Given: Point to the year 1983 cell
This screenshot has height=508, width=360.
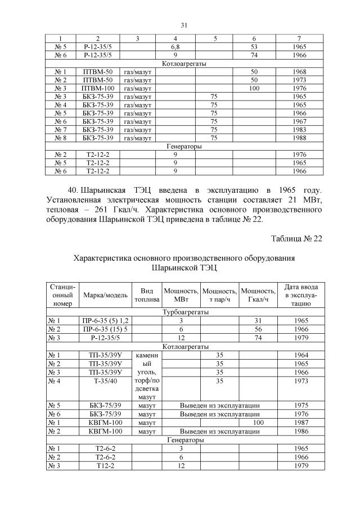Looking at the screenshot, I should pos(300,130).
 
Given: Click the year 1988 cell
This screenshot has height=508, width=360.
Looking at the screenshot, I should pos(300,138).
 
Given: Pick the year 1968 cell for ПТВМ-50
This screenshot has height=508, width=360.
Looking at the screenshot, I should pos(300,72).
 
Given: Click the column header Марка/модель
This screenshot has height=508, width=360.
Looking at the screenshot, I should pos(102,295).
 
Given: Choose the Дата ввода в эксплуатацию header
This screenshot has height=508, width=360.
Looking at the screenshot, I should pos(300,295).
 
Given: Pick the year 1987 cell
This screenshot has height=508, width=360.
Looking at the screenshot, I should pos(300,422).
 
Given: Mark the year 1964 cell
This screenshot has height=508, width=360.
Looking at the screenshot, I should pos(300,355).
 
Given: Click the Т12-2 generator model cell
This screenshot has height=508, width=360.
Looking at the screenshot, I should pos(102,466).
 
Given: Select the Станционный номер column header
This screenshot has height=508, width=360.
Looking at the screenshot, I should pos(63,295).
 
